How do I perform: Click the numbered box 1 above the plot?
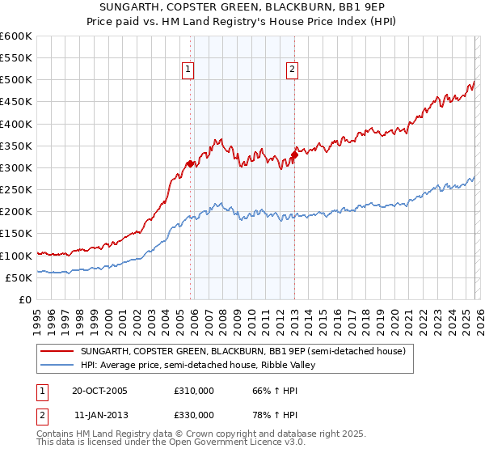[x=188, y=70]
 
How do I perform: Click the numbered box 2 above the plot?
[x=291, y=70]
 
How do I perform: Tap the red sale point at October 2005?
[x=191, y=163]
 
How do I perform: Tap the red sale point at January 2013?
[x=293, y=155]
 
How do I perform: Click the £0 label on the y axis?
[x=25, y=299]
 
